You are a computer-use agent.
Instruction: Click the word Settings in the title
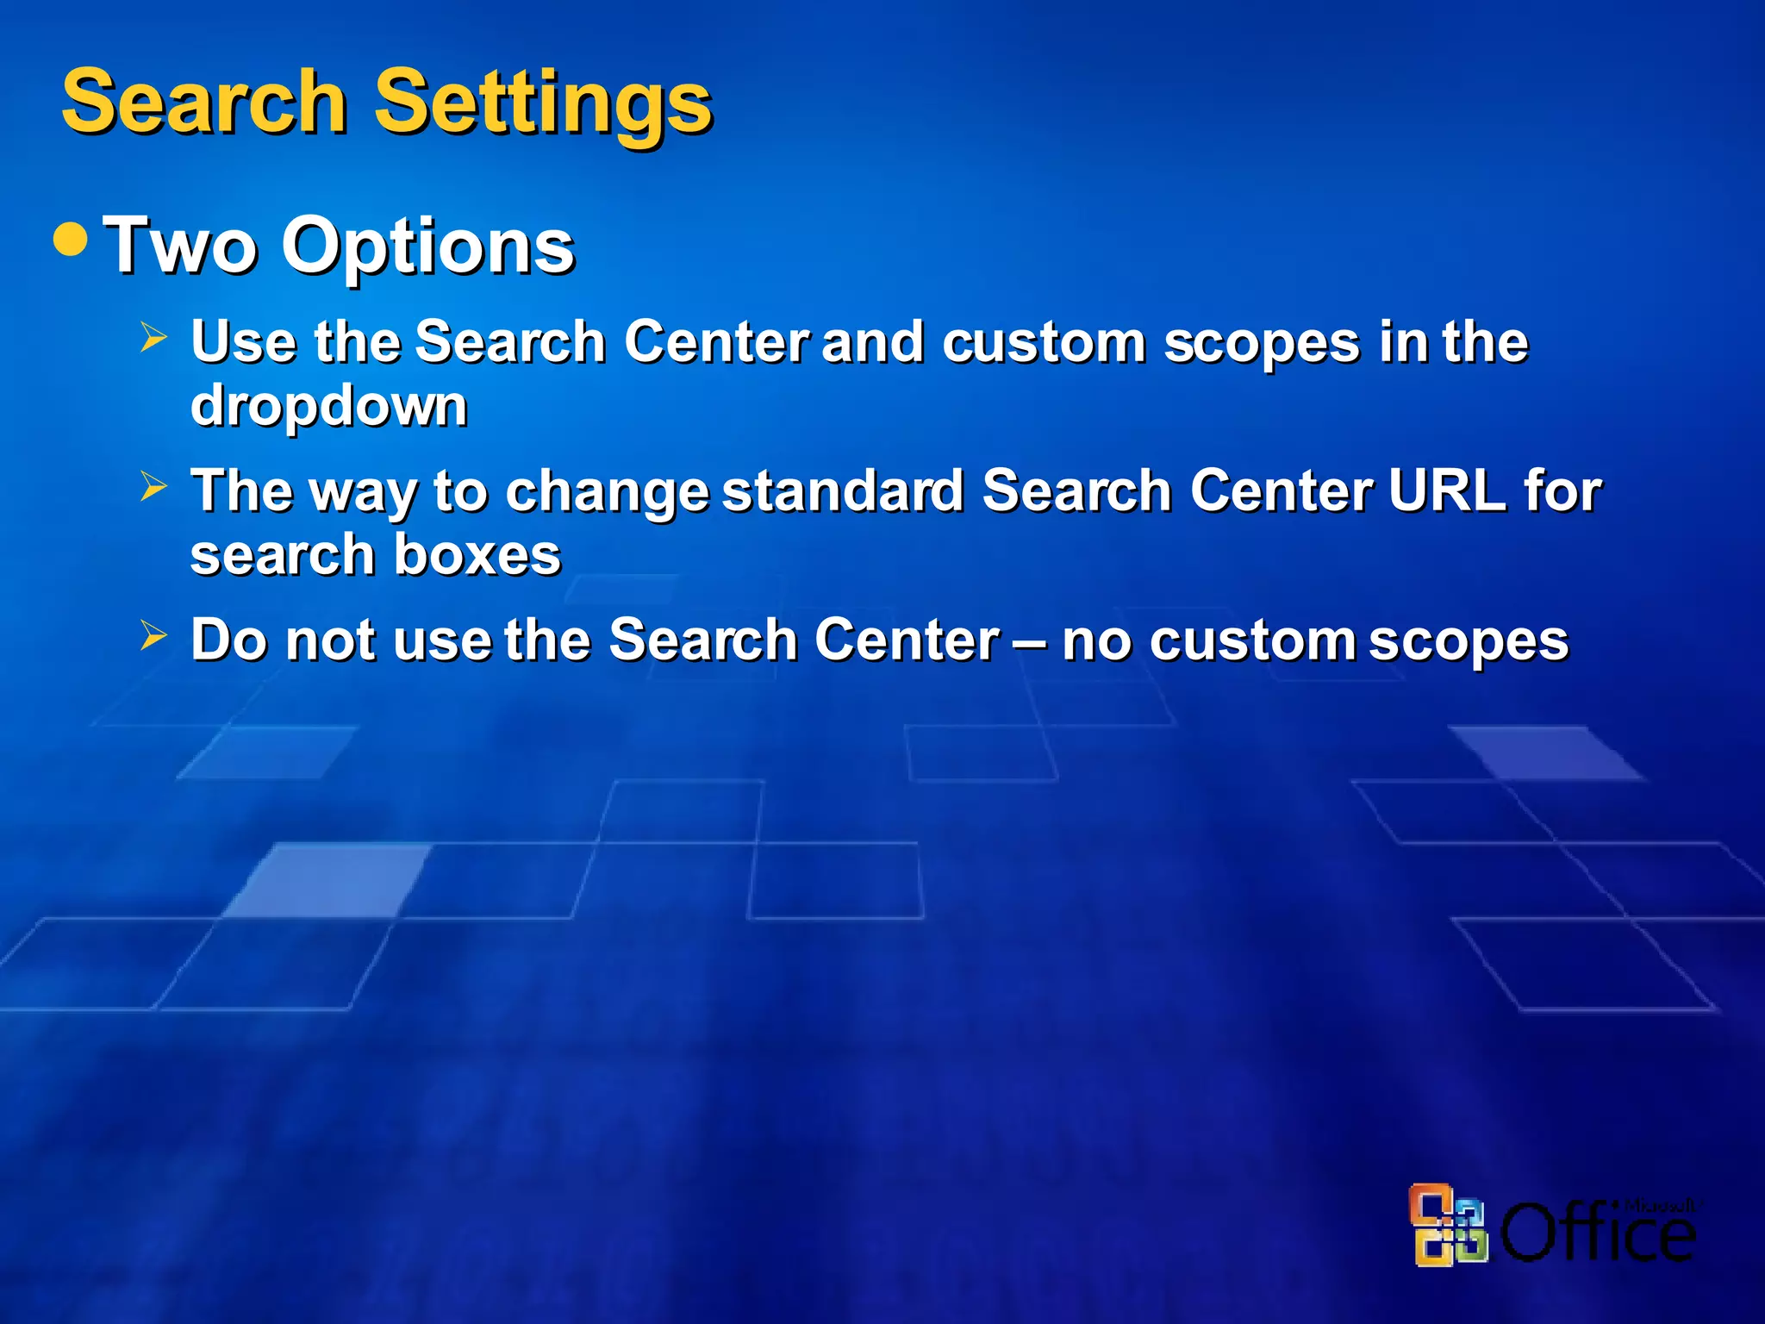point(543,103)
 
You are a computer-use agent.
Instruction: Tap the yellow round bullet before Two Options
point(71,240)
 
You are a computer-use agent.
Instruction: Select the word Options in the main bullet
point(427,247)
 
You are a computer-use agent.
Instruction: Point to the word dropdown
point(328,405)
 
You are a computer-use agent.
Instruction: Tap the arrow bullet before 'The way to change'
point(153,487)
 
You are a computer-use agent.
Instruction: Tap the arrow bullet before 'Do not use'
point(153,637)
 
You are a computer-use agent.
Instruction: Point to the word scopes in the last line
point(1468,642)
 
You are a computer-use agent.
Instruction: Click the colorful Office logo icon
point(1449,1225)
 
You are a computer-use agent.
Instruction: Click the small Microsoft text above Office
point(1658,1205)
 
